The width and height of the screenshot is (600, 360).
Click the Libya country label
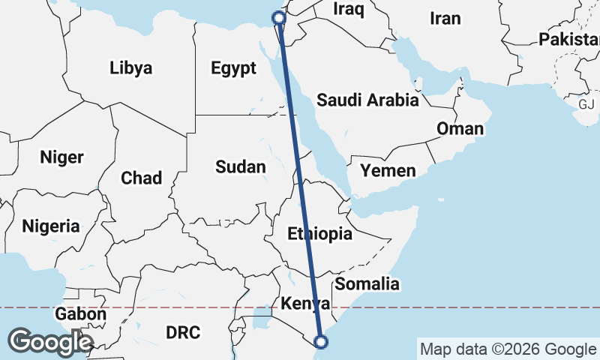point(130,68)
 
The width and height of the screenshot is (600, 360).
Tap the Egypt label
point(233,68)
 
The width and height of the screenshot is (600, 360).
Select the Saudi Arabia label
point(367,100)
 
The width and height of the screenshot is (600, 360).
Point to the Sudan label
point(240,166)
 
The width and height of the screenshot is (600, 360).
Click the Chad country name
point(141,178)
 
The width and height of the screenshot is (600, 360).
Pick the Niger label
point(61,157)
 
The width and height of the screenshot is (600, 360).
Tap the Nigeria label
point(50,226)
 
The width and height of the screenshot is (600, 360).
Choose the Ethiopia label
point(319,234)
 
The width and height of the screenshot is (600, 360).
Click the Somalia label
point(367,284)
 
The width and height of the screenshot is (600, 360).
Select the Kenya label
point(304,304)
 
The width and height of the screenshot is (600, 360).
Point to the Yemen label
point(387,171)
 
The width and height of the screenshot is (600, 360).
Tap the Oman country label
point(460,128)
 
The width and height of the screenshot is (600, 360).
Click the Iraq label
point(349,10)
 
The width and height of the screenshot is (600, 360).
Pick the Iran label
point(445,19)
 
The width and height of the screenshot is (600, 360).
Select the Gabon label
point(80,314)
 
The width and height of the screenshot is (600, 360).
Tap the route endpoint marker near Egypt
point(278,17)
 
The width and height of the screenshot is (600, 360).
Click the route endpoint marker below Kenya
point(321,342)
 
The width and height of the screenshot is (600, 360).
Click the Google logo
point(50,342)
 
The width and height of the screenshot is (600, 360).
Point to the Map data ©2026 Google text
point(508,349)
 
